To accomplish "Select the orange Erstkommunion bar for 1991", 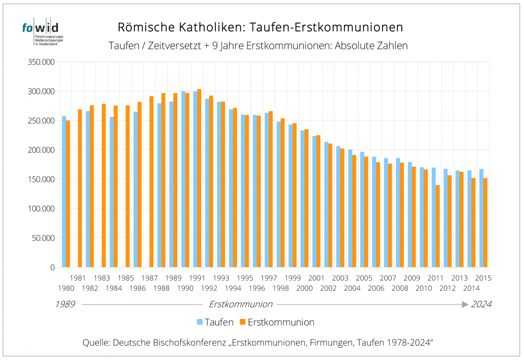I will point(199,179).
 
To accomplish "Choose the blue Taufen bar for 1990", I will point(183,179).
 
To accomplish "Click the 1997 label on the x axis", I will point(269,278).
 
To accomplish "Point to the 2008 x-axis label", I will point(400,288).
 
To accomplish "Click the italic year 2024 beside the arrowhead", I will point(481,305).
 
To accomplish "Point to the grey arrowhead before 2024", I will point(465,305).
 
